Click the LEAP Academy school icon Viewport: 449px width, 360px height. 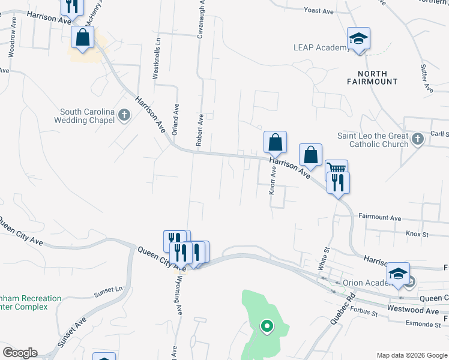click(359, 39)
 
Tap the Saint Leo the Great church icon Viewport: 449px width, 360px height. click(418, 140)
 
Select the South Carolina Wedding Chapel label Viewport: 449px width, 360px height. click(87, 116)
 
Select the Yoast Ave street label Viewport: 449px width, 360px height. click(319, 11)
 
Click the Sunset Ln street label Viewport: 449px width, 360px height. click(108, 292)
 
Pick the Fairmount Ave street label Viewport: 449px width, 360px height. click(379, 217)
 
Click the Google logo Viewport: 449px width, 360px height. click(20, 353)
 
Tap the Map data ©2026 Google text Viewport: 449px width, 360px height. click(411, 355)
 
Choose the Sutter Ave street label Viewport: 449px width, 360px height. click(427, 79)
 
